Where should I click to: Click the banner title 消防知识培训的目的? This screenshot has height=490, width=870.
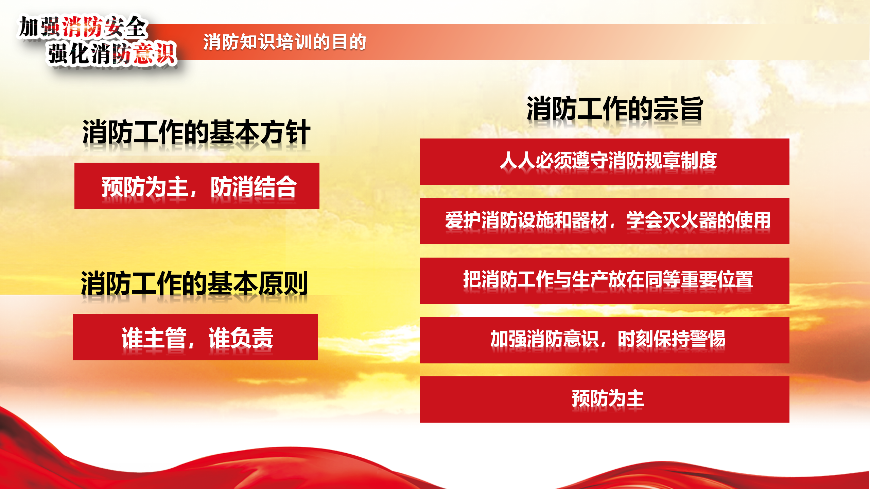[284, 42]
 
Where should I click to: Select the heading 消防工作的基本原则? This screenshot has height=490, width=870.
[194, 283]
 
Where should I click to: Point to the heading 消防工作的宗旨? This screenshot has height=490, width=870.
[615, 109]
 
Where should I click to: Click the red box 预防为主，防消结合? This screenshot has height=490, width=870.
[197, 186]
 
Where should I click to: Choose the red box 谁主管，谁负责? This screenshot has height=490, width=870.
[195, 337]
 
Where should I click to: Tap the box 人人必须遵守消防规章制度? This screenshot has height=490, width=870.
[605, 162]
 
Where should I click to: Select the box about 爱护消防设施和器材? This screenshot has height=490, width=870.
[605, 221]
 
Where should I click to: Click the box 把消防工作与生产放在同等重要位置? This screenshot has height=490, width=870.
[605, 281]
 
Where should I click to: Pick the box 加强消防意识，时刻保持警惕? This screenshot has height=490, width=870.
[605, 340]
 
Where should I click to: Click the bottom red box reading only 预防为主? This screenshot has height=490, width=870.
[605, 399]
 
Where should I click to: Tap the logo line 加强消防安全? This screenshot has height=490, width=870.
[83, 27]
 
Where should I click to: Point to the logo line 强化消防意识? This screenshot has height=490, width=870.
[112, 53]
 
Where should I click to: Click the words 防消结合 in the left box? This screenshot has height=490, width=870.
[254, 186]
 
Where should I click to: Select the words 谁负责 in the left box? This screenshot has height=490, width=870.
[241, 338]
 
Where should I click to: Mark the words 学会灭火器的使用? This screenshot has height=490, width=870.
[698, 220]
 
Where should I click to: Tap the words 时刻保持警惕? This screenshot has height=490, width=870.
[672, 339]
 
